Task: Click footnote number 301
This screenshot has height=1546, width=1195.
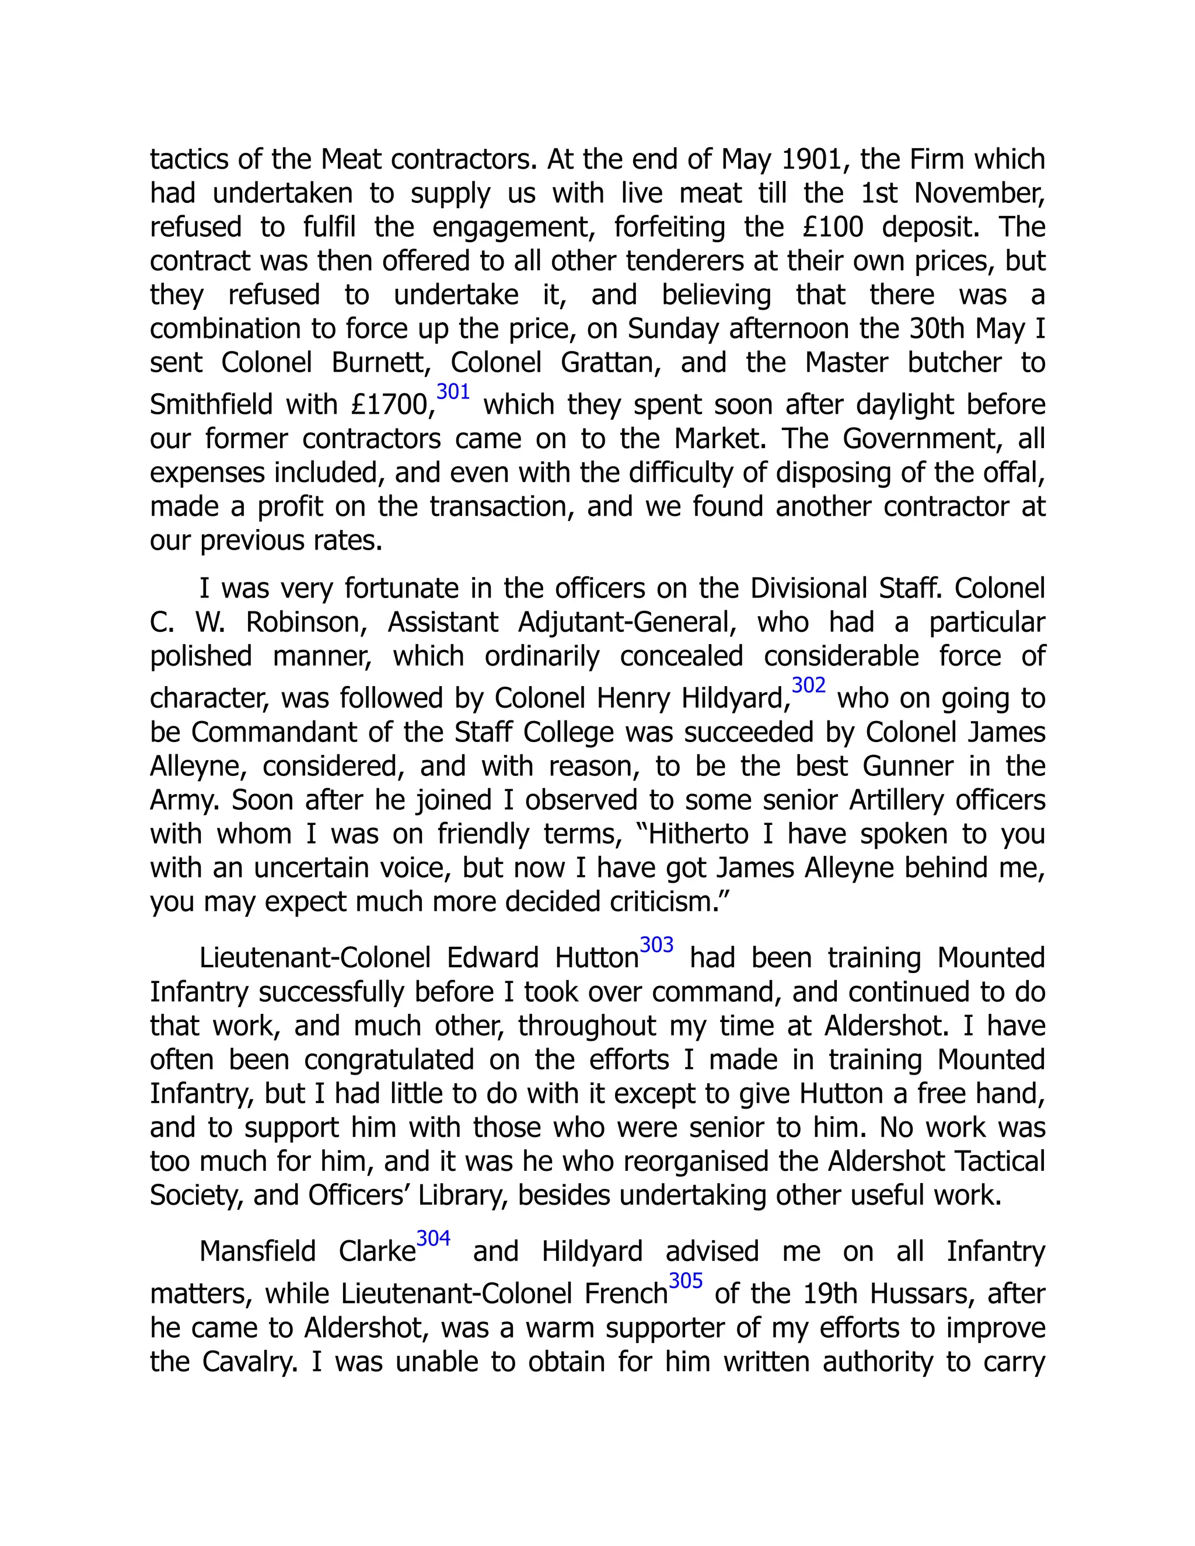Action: click(x=453, y=391)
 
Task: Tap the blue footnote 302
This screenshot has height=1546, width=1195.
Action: click(x=809, y=685)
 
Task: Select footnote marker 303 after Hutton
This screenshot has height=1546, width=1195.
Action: click(x=656, y=945)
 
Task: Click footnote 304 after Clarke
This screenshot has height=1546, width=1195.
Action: click(x=434, y=1238)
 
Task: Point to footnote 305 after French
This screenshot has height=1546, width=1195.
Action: click(x=685, y=1281)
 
